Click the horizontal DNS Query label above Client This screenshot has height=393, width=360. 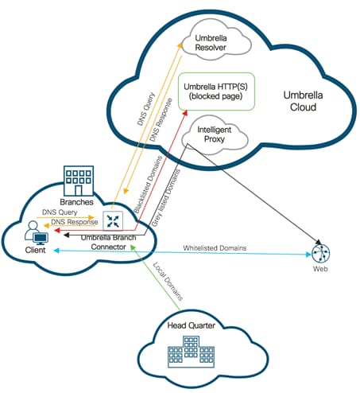point(57,212)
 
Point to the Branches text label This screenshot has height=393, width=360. point(77,204)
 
